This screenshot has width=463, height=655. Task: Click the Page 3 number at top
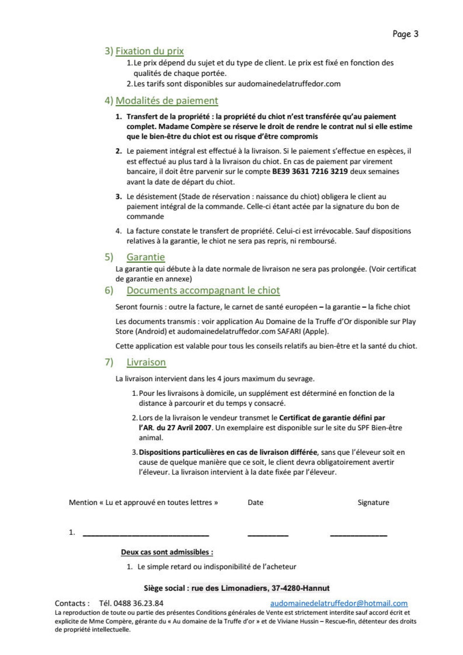405,34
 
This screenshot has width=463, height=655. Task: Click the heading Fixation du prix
149,51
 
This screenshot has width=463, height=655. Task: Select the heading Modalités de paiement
167,100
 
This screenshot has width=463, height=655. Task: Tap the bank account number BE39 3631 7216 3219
310,171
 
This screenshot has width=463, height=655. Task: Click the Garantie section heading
145,257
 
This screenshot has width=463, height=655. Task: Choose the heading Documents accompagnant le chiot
203,290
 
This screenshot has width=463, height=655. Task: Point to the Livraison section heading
146,362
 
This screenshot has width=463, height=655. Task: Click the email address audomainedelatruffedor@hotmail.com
339,603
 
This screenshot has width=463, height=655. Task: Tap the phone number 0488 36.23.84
138,603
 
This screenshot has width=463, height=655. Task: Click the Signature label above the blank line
373,502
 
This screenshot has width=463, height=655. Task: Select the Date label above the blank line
255,502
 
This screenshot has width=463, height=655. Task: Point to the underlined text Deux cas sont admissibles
167,552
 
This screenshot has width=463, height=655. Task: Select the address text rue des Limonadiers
229,588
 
